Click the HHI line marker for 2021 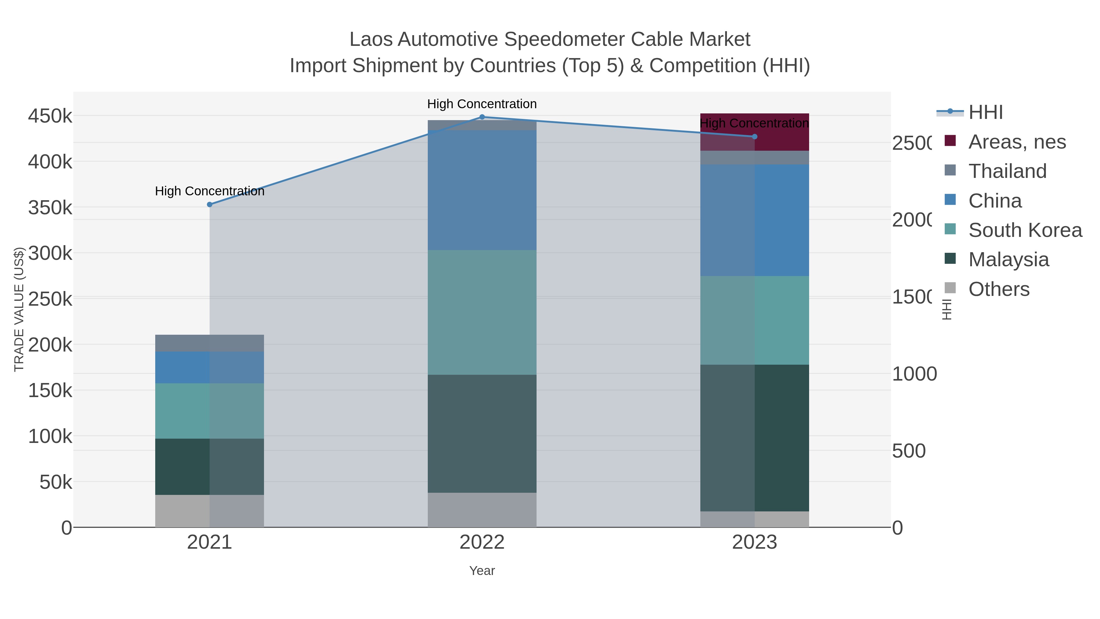tap(210, 204)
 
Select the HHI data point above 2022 tap(482, 117)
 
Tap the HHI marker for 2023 tap(754, 137)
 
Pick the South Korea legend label tap(1025, 230)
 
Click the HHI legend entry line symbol tap(950, 112)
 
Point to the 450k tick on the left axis tap(50, 116)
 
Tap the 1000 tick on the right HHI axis tap(914, 374)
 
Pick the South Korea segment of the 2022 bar tap(482, 312)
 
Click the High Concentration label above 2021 tap(210, 191)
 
